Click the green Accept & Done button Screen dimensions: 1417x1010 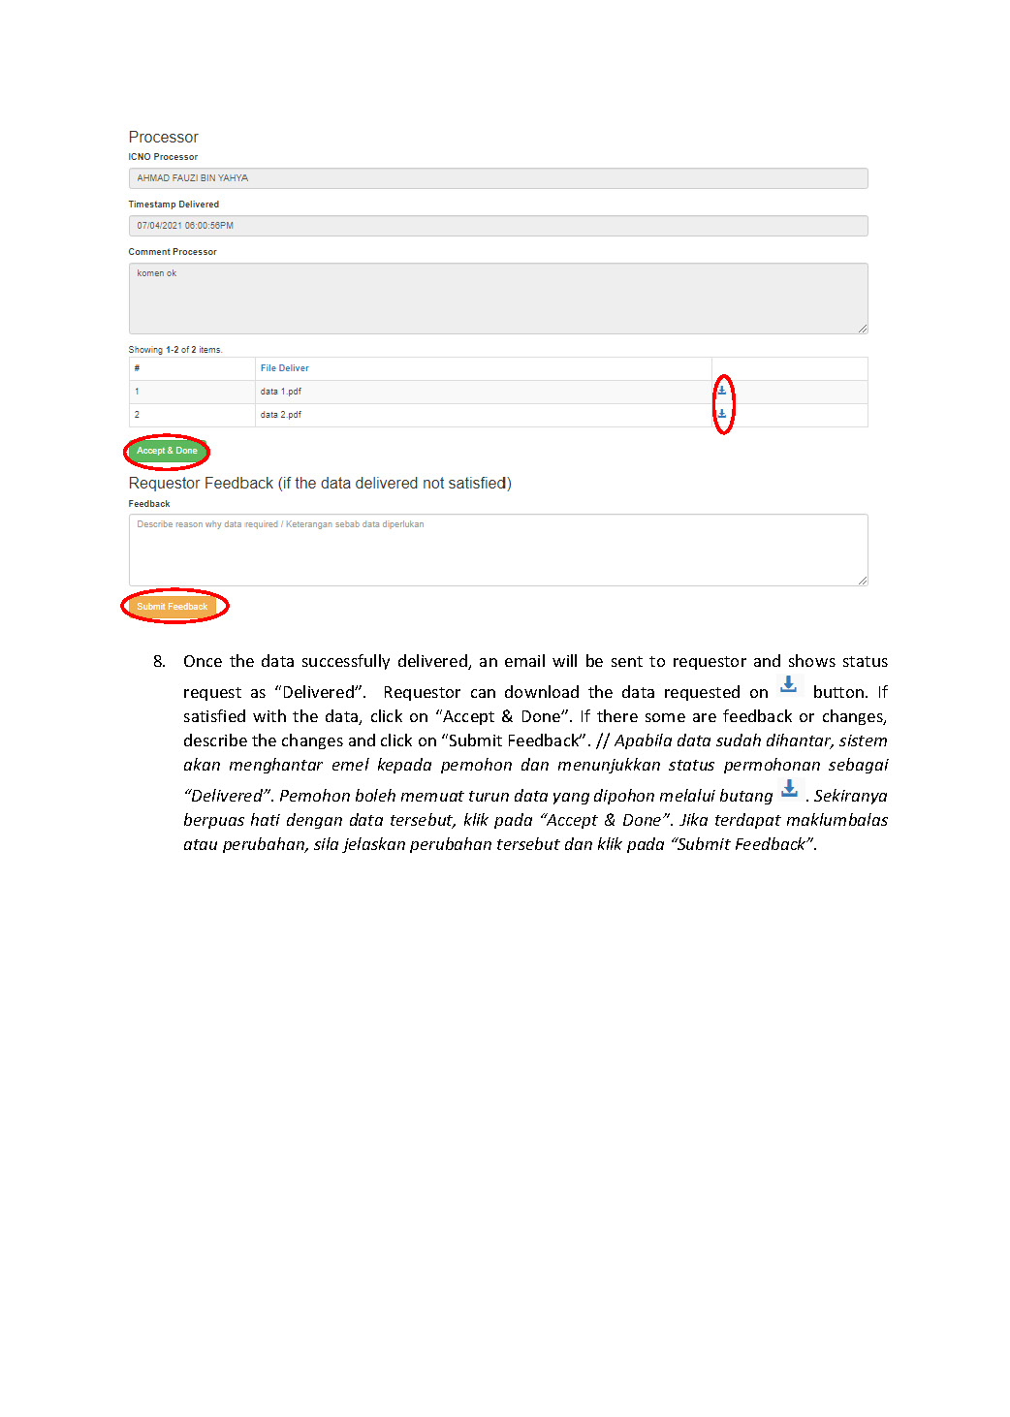tap(167, 451)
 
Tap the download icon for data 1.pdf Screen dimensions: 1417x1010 tap(722, 391)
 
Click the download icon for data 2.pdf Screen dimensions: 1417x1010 tap(722, 414)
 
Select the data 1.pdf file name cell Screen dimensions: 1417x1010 tap(281, 392)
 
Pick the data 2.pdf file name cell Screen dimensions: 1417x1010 tap(281, 415)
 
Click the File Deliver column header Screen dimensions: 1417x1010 tap(285, 368)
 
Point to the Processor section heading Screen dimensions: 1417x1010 tap(163, 138)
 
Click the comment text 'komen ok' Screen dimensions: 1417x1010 tap(157, 273)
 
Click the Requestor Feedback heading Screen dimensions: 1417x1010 tap(320, 484)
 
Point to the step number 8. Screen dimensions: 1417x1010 tap(159, 662)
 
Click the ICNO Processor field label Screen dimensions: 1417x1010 tap(163, 157)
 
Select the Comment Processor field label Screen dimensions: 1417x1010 tap(173, 252)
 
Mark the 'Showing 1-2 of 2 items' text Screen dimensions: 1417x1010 tap(175, 350)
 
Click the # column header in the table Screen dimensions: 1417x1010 tap(137, 368)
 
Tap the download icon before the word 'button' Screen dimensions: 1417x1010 tap(789, 685)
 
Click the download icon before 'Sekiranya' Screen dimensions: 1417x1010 tap(790, 789)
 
